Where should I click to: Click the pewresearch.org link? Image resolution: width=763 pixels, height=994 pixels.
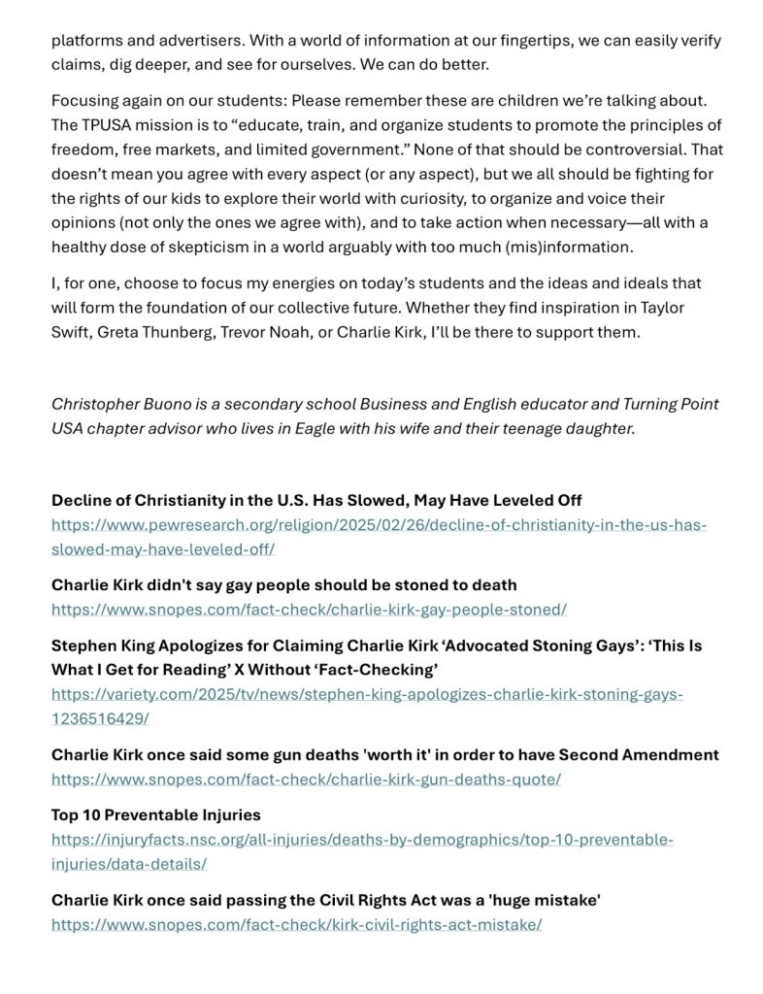(379, 524)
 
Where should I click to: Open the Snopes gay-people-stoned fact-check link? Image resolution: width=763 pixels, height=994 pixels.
(309, 610)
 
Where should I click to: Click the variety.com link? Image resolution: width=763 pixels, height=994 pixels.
(367, 694)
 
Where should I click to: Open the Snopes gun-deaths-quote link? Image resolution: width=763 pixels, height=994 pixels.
(306, 779)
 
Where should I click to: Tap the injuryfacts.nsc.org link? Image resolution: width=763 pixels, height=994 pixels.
(362, 840)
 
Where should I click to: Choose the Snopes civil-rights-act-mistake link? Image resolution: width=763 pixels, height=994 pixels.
(296, 924)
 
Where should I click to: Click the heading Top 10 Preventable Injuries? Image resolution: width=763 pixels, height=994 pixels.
(155, 815)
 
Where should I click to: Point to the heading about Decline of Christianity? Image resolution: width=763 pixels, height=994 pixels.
(316, 501)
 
